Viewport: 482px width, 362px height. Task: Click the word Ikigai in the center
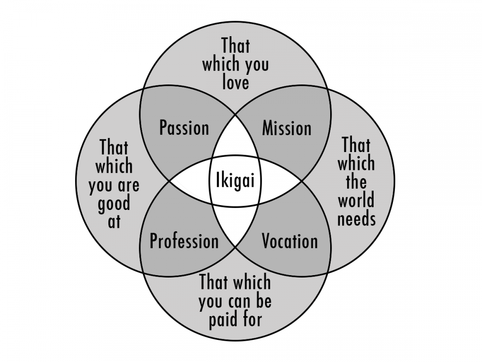(235, 181)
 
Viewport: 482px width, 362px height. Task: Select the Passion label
(184, 128)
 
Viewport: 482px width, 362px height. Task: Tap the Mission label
(287, 128)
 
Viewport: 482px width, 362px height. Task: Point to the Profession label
(184, 241)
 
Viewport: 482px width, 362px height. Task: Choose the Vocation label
(290, 241)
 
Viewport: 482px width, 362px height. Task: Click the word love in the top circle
(236, 83)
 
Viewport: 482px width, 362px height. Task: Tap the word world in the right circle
(356, 200)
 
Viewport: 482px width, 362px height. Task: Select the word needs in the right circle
(356, 219)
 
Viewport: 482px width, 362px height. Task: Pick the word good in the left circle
(114, 204)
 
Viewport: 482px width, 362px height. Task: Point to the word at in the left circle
(114, 223)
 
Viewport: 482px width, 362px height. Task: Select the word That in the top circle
(236, 46)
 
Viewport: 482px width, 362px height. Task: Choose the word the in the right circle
(356, 182)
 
